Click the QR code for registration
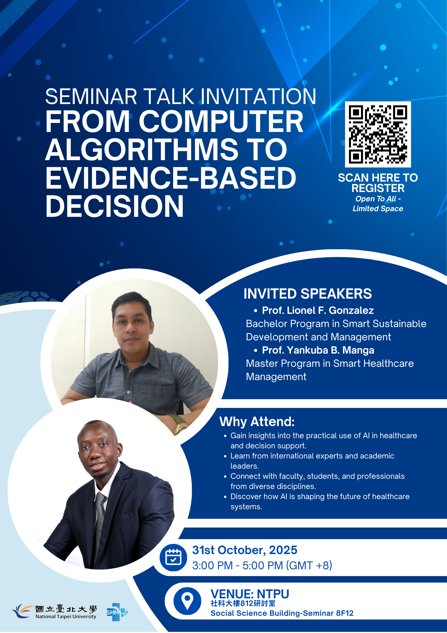(x=378, y=134)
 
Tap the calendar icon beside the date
(x=173, y=557)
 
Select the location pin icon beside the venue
(x=187, y=601)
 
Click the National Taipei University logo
(x=54, y=611)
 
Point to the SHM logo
(x=117, y=612)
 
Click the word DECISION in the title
(x=115, y=206)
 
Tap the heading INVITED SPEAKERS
(x=308, y=294)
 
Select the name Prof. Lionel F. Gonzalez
(x=318, y=310)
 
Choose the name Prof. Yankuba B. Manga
(x=318, y=350)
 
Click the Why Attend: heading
(x=257, y=422)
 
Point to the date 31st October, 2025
(x=244, y=550)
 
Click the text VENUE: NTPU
(x=250, y=594)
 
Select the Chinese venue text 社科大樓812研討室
(x=243, y=603)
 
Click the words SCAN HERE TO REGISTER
(x=378, y=183)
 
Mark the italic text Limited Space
(x=378, y=209)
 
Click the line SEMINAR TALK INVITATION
(x=181, y=96)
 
